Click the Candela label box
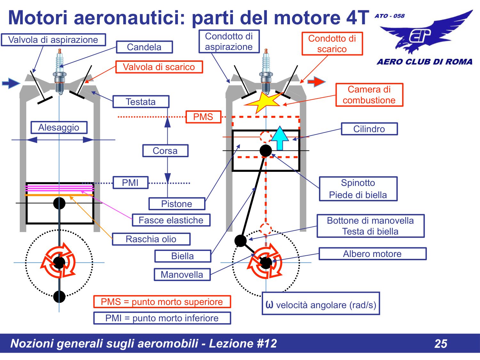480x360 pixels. coord(144,47)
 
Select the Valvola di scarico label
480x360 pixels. coord(159,67)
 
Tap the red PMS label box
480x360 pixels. coord(203,117)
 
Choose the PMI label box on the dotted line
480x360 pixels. coord(130,183)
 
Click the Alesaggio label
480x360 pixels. coord(59,127)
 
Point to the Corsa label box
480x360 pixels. coord(165,151)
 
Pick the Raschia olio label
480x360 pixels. coord(151,239)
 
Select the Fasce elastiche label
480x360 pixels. coord(171,220)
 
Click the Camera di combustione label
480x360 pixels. coord(369,95)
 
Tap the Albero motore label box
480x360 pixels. coord(372,254)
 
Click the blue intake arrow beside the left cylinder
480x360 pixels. coord(11,83)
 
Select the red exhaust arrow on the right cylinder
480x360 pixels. coord(316,82)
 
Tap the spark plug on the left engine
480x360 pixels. coord(60,72)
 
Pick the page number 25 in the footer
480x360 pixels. coord(441,344)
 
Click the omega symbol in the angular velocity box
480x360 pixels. coord(269,304)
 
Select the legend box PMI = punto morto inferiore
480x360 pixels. coord(162,318)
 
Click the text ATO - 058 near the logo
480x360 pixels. coord(389,16)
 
